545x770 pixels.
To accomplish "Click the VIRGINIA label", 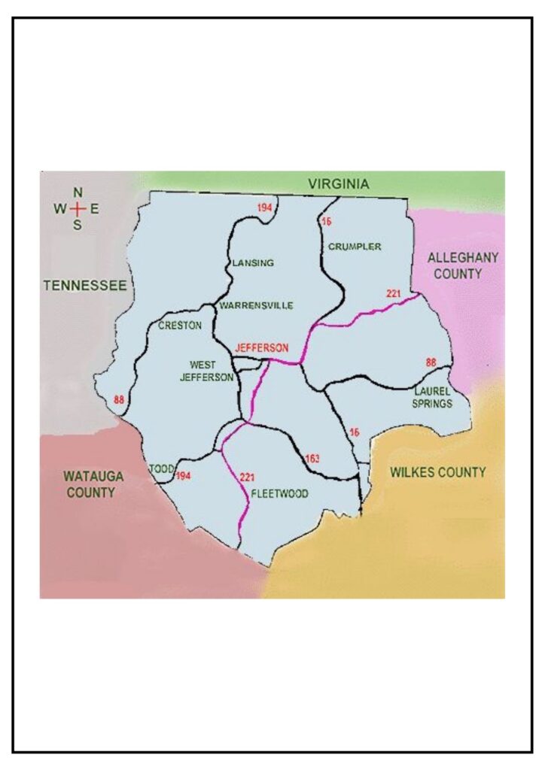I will tap(339, 183).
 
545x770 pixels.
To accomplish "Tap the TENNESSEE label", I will tap(84, 286).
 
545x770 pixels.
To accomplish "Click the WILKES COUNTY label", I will tap(437, 472).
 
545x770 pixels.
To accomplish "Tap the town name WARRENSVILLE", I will tap(255, 305).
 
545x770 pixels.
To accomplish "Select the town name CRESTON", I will tap(180, 326).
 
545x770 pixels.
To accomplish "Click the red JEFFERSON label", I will tap(261, 348).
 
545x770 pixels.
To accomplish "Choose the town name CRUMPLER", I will tap(355, 246).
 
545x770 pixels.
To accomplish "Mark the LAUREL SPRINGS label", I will tap(433, 398).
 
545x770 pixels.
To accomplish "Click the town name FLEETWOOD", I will tap(279, 493).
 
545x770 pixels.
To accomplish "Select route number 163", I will tap(313, 458).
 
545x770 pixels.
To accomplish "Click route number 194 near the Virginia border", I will tap(263, 207).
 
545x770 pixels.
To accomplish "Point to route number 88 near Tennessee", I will tap(118, 399).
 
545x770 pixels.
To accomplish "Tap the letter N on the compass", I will tap(78, 192).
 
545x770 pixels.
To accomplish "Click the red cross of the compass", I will tap(78, 209).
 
